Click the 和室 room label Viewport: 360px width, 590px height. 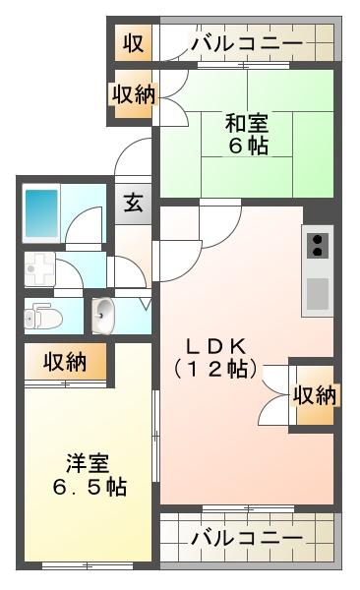tap(247, 123)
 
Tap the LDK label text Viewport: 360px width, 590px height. tap(216, 346)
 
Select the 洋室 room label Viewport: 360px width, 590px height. tap(88, 463)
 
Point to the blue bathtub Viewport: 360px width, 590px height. tap(41, 213)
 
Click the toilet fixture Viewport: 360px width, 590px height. tap(43, 317)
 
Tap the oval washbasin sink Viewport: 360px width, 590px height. tap(103, 315)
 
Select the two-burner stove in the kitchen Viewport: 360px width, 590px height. tap(318, 245)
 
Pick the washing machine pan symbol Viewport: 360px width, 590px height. tap(39, 268)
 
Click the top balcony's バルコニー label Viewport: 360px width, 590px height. tap(247, 43)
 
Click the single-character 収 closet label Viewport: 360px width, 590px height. tap(134, 43)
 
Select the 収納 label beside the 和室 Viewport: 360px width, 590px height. tap(134, 94)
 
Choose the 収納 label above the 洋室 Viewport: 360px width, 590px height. tap(65, 362)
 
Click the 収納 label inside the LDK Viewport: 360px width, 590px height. tap(315, 395)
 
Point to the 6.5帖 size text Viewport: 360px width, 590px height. tap(90, 487)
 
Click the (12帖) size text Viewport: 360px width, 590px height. tap(216, 370)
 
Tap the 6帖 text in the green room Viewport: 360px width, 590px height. tap(248, 146)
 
